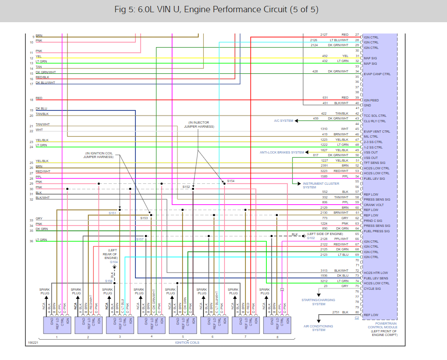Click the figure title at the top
[223, 10]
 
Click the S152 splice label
[187, 187]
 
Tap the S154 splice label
[231, 181]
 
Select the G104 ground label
[114, 262]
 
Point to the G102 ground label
[311, 238]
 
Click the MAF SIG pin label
[370, 58]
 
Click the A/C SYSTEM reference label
[284, 121]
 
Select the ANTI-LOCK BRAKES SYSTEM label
[282, 153]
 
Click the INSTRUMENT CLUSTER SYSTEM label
[314, 185]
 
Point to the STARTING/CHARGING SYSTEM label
[319, 302]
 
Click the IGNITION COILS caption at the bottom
[187, 342]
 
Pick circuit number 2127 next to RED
[324, 35]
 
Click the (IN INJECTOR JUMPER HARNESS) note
[199, 125]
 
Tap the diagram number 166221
[33, 343]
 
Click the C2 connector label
[356, 318]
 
